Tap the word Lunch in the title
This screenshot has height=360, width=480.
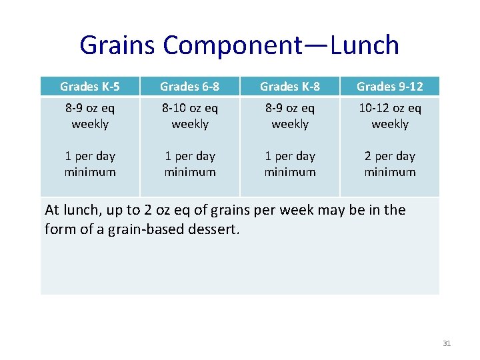[x=365, y=45]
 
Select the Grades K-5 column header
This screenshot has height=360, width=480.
[x=90, y=86]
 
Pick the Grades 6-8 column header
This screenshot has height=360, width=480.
[x=190, y=86]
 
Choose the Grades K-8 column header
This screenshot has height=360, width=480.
[x=290, y=86]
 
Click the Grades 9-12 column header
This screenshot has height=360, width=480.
[x=390, y=86]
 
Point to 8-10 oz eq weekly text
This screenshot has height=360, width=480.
[x=190, y=116]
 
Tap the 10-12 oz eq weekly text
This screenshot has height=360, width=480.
[x=390, y=116]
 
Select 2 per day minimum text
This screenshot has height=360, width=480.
[x=390, y=164]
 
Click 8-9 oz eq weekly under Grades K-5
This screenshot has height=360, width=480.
[x=90, y=116]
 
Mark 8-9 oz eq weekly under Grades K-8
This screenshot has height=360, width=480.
[x=290, y=116]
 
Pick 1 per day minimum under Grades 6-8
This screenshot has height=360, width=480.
[x=190, y=164]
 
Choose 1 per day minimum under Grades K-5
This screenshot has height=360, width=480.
[x=90, y=164]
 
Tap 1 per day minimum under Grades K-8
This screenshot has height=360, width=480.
[x=290, y=164]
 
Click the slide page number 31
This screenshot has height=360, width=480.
[x=447, y=343]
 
